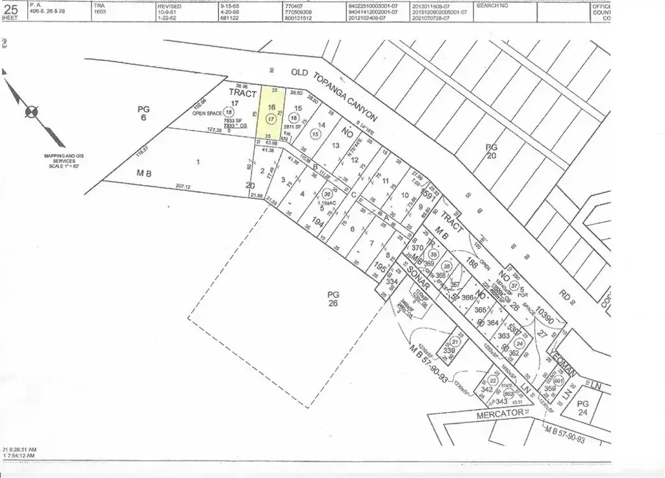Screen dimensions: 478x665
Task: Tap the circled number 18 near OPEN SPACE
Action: tap(228, 112)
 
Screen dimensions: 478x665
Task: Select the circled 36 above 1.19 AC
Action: tap(328, 194)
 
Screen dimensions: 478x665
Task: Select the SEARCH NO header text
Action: tap(492, 5)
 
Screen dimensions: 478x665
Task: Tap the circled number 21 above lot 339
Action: tap(455, 341)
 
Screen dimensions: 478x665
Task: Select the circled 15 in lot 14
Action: tap(316, 134)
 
